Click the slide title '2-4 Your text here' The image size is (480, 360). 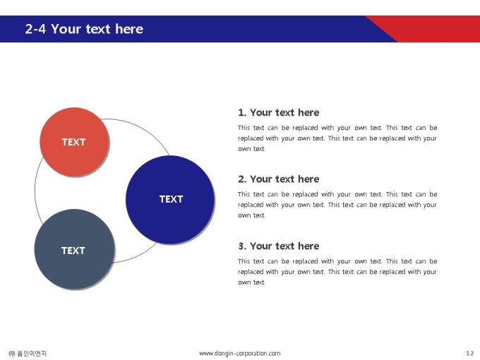84,29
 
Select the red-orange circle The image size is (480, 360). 74,142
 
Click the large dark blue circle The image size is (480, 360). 170,200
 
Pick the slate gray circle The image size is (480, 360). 74,249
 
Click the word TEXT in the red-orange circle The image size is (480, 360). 74,142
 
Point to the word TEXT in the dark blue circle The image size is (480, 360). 171,199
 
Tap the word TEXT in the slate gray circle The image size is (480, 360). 73,251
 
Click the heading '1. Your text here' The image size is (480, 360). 279,113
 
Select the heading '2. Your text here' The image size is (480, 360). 279,179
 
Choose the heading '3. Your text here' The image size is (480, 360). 279,246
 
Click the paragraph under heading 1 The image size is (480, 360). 337,138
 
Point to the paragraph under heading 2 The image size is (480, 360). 337,205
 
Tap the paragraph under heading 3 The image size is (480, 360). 337,272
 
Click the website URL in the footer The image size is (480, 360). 240,354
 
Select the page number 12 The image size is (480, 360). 470,354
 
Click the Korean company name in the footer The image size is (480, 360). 28,354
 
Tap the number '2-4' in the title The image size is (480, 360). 35,29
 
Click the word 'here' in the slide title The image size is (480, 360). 129,29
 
